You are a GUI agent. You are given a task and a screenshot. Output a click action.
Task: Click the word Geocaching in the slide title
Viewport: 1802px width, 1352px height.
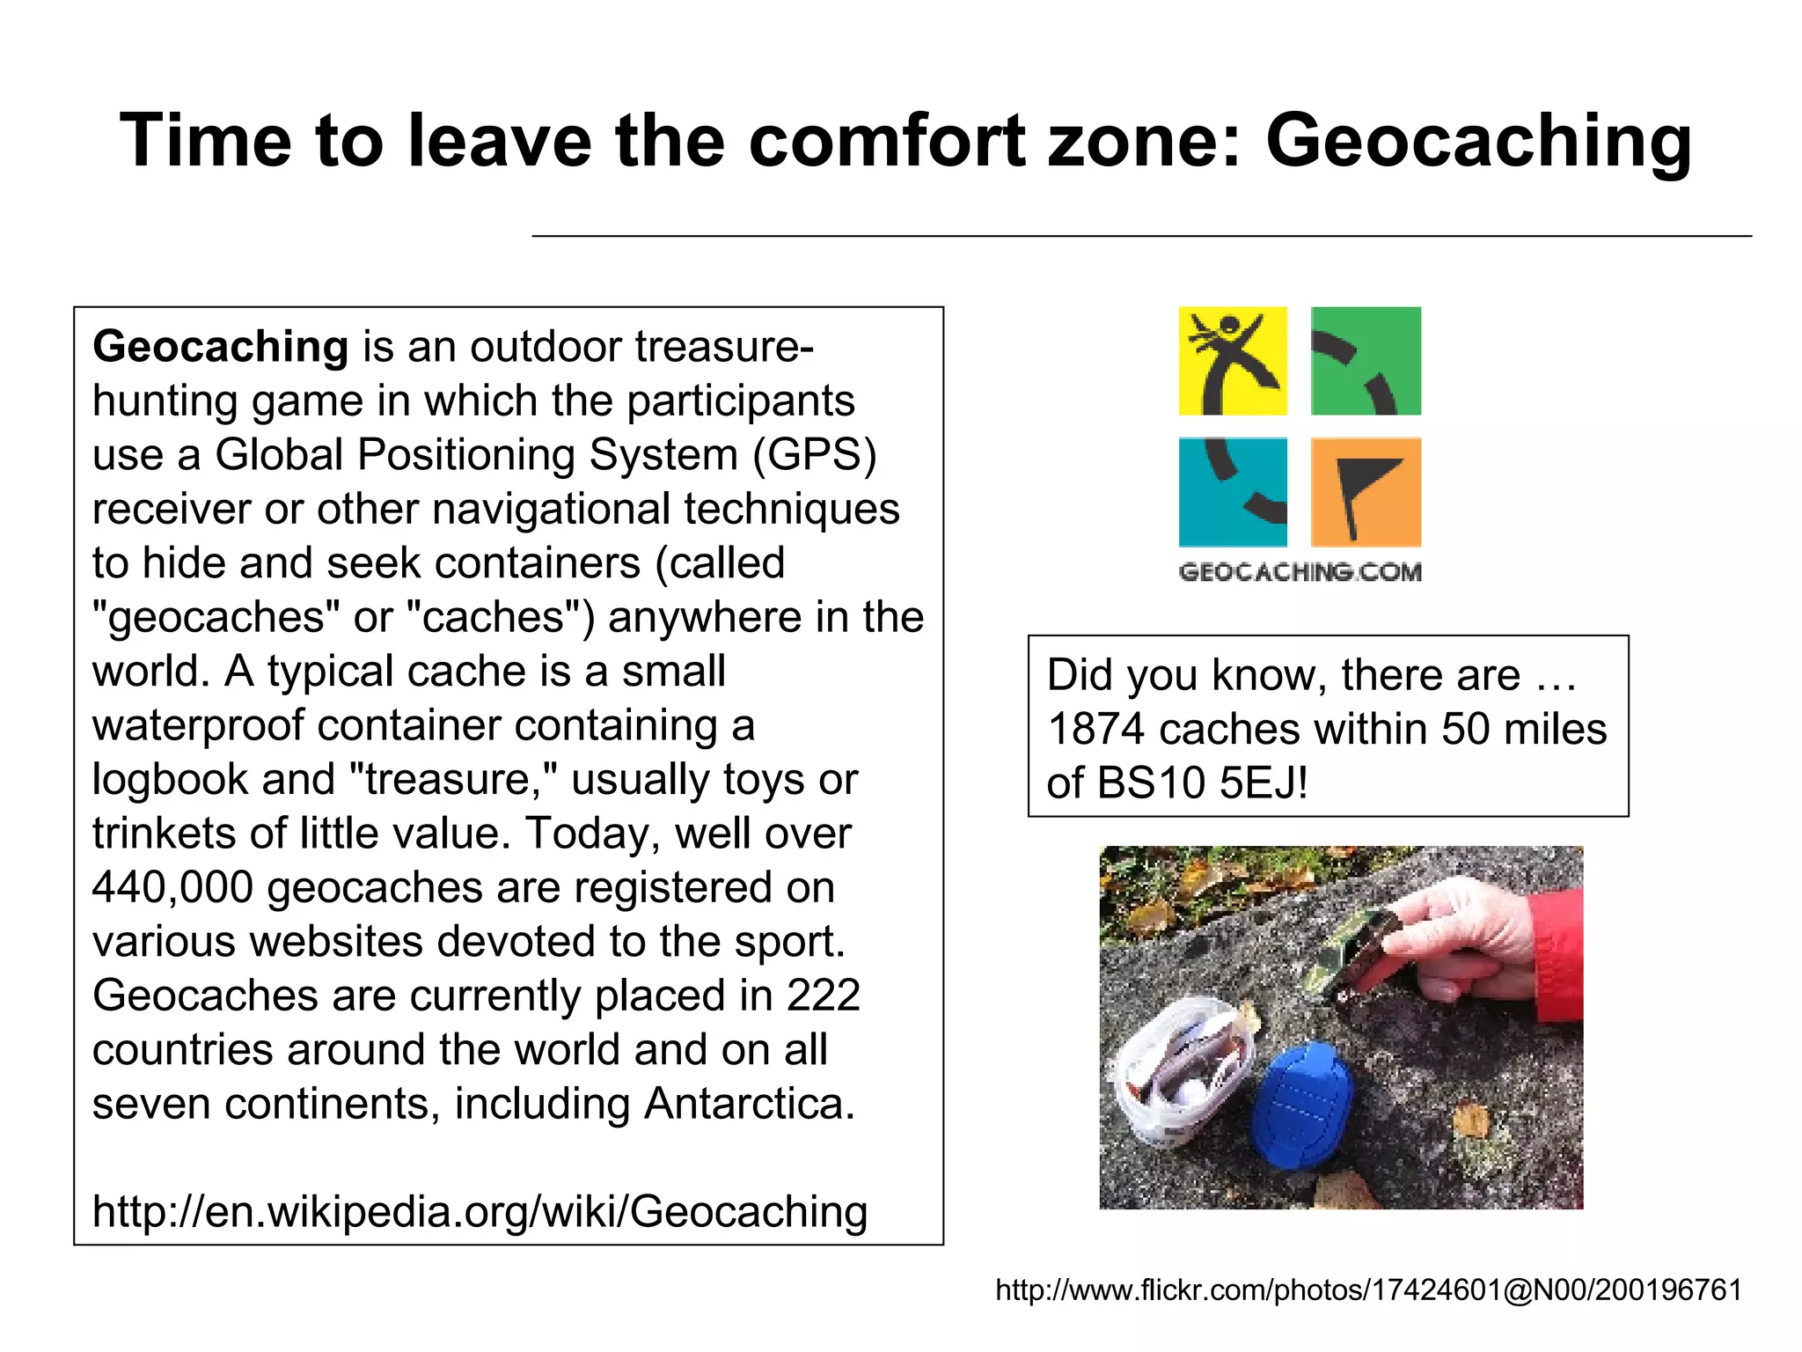(x=1478, y=141)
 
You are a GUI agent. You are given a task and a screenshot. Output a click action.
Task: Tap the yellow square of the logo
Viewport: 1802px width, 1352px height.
(x=1233, y=361)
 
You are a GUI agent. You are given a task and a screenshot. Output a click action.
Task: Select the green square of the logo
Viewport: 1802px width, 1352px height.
(x=1366, y=361)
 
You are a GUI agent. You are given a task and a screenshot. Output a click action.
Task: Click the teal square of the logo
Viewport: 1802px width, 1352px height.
(x=1233, y=492)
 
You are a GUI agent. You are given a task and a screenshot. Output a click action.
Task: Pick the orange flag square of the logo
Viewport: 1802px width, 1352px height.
(x=1366, y=492)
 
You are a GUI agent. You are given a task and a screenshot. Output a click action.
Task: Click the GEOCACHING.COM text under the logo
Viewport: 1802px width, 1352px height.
(x=1300, y=572)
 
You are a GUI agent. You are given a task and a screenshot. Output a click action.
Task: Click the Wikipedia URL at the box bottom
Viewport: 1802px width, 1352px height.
(x=480, y=1211)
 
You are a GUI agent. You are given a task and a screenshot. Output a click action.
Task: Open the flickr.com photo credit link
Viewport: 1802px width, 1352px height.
(x=1368, y=1290)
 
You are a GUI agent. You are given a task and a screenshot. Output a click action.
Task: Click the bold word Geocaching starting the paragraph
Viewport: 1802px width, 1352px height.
(x=221, y=346)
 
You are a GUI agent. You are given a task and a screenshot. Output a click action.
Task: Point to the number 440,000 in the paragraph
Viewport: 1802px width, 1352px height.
(x=172, y=887)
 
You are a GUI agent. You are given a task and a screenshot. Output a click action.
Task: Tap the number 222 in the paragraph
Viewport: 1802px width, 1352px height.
(x=823, y=996)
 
